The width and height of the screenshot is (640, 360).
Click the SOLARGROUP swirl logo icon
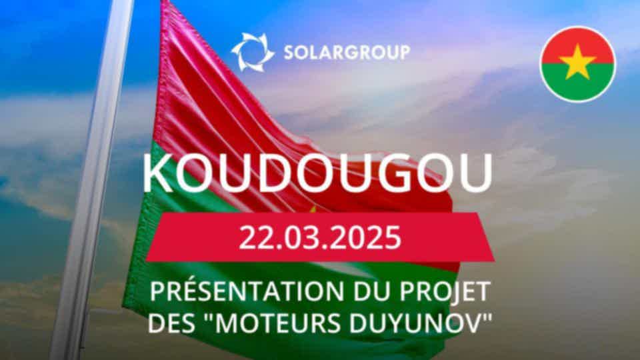[253, 52]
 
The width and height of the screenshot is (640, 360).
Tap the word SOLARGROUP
[347, 53]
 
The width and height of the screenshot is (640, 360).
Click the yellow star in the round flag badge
[577, 63]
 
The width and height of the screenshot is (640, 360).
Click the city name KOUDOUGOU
[317, 173]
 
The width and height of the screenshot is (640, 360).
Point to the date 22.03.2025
[320, 237]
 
